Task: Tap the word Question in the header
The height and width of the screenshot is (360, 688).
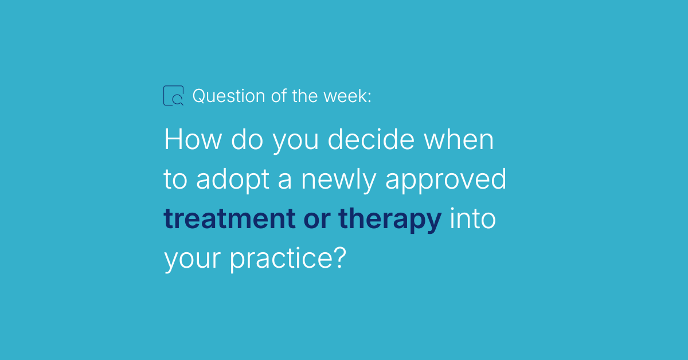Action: (x=229, y=96)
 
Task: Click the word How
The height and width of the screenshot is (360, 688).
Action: (x=193, y=139)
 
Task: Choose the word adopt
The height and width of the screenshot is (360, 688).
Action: (x=233, y=179)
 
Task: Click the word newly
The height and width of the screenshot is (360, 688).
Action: (x=339, y=179)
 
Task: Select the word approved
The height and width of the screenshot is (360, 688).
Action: (x=445, y=179)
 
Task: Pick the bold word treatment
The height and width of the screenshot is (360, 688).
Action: (x=230, y=218)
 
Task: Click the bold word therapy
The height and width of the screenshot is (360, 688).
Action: (x=390, y=220)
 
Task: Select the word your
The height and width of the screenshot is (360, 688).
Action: (x=193, y=260)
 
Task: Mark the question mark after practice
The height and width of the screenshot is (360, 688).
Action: (x=341, y=257)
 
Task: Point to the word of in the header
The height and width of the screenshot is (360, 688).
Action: (x=279, y=96)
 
